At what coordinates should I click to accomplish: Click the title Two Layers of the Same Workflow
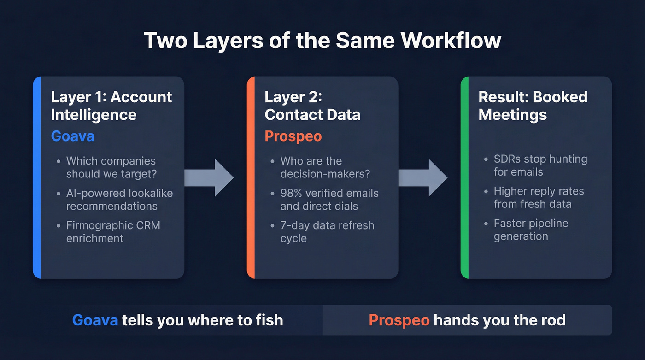pos(322,41)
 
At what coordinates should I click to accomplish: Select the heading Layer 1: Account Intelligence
pos(111,106)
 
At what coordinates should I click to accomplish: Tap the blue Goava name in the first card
pos(72,136)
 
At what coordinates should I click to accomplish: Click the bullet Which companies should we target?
pos(111,167)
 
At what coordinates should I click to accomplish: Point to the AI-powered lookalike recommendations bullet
pos(119,199)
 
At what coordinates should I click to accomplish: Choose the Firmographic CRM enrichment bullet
pos(113,231)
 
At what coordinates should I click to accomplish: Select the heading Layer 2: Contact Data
pos(312,106)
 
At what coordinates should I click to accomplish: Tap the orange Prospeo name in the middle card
pos(293,136)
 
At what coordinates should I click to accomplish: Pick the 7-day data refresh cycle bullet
pos(327,231)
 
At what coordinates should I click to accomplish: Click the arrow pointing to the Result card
pos(422,177)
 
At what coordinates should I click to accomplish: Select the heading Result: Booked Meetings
pos(533,106)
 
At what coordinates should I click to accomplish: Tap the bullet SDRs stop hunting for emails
pos(540,165)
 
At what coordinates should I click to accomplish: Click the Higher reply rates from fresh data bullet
pos(539,197)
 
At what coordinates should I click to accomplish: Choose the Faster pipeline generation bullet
pos(531,230)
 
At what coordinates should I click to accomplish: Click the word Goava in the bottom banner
pos(95,319)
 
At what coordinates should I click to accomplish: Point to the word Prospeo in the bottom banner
pos(399,319)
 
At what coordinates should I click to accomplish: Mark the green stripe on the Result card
pos(464,177)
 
